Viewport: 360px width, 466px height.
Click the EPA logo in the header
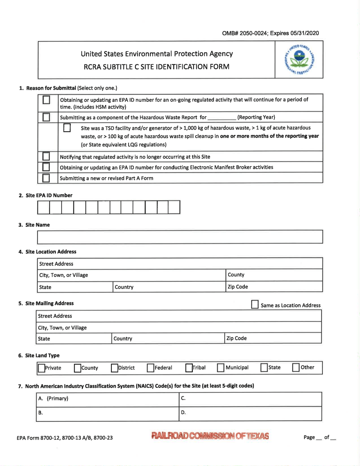[x=299, y=59]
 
